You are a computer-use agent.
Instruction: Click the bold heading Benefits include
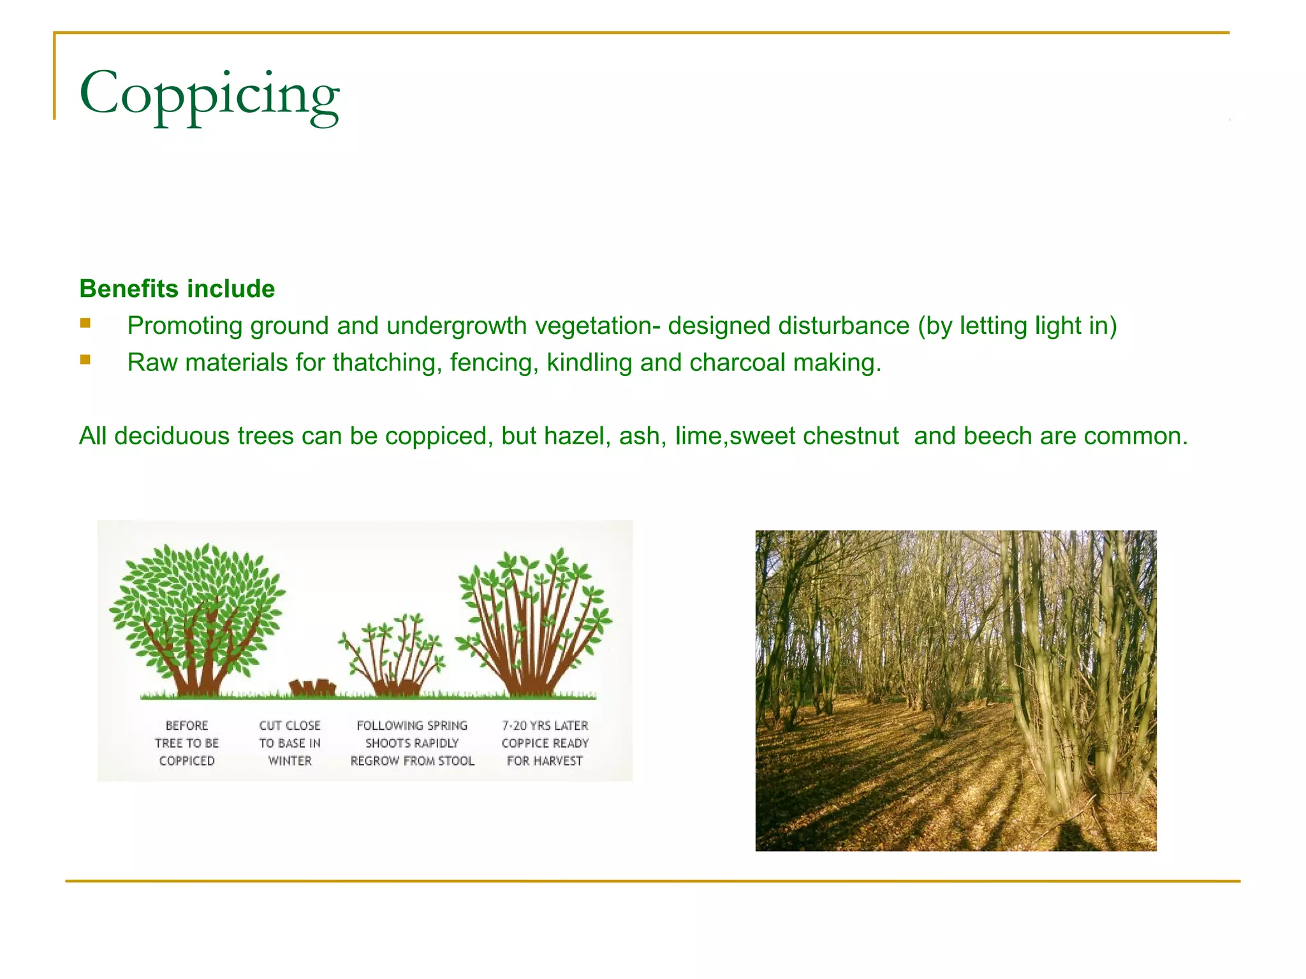coord(177,289)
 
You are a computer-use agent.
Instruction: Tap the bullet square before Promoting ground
coord(85,323)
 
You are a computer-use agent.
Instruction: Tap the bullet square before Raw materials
coord(85,360)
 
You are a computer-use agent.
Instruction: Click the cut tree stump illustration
coord(312,687)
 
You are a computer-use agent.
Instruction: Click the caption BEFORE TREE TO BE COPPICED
coord(187,743)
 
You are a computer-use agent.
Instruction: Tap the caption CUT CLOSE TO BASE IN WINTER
coord(290,743)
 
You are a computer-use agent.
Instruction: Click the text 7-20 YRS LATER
coord(545,725)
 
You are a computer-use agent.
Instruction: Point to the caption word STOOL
coord(456,761)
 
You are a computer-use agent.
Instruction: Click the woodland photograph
coord(955,690)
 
